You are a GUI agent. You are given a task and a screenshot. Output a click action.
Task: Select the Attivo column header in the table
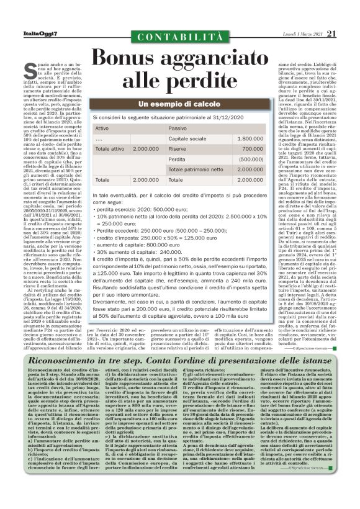(x=103, y=128)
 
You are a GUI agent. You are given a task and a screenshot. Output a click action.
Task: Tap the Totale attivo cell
(x=109, y=149)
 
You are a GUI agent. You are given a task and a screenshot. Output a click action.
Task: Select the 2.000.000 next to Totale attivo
(x=146, y=149)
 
